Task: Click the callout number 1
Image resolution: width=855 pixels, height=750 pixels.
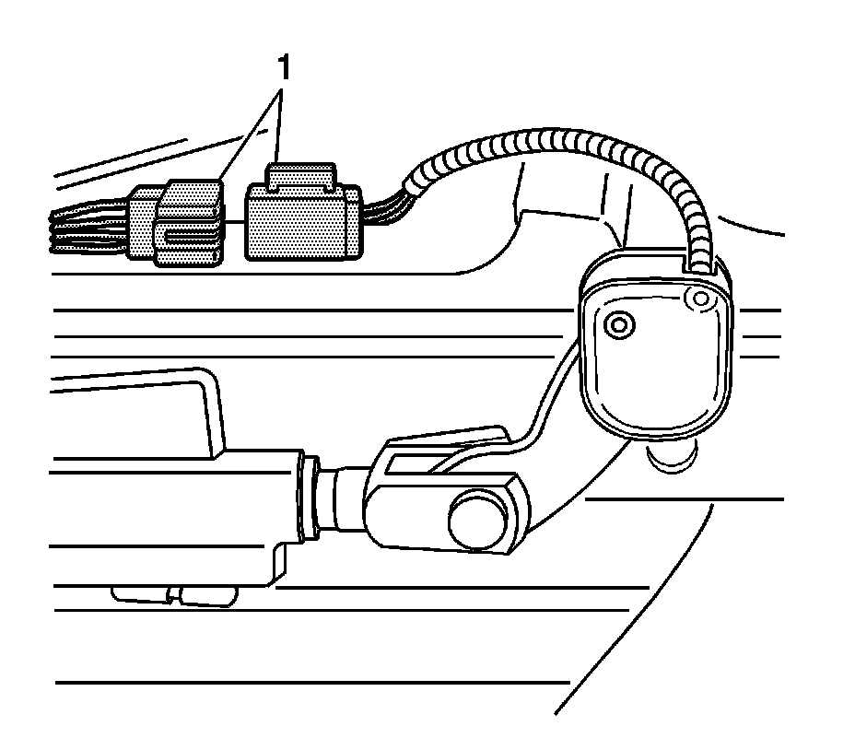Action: [x=286, y=66]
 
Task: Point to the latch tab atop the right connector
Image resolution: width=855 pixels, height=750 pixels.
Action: [x=299, y=175]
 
